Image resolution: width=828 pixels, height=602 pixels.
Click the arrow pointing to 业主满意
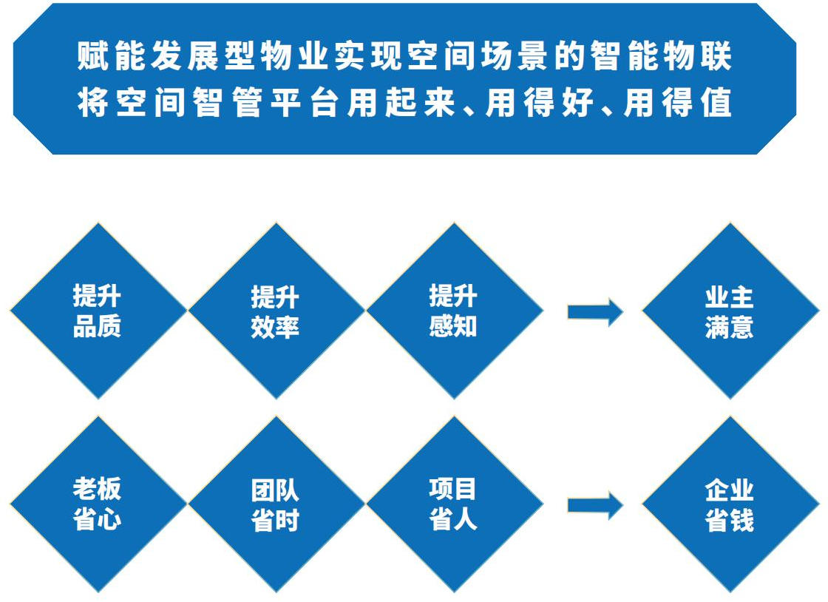tap(594, 312)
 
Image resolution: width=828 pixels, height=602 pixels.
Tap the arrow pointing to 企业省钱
tap(594, 505)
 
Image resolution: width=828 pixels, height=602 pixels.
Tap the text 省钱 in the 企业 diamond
tap(730, 520)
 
